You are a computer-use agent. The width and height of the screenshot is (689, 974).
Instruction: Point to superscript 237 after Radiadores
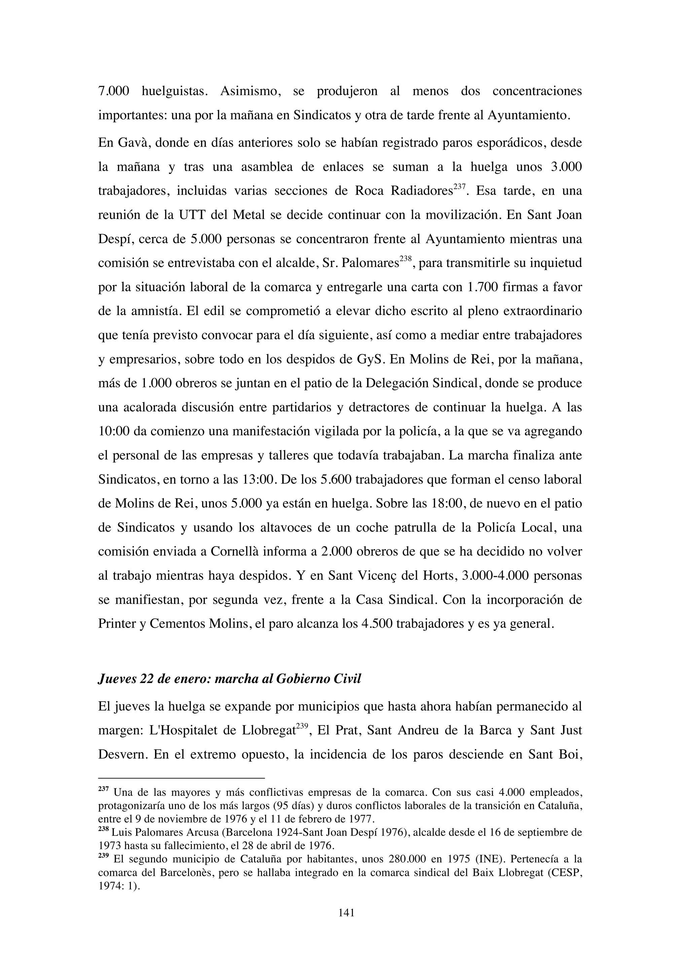pos(460,186)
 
